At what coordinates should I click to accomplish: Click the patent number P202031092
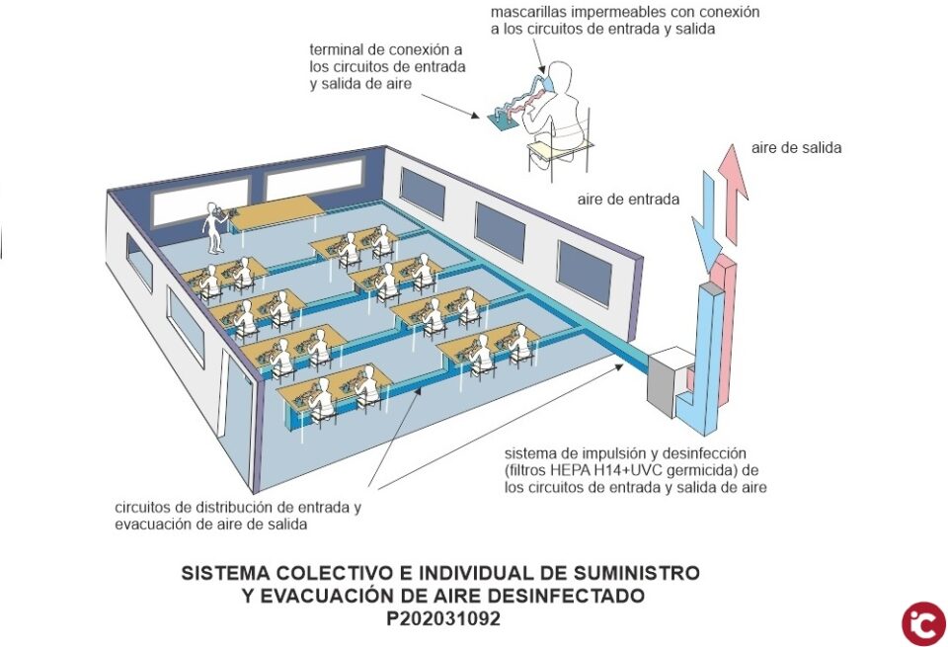(x=444, y=619)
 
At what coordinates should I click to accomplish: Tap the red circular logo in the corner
(x=922, y=623)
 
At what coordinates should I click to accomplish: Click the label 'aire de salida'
(x=796, y=147)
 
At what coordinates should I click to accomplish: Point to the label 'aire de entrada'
(x=628, y=199)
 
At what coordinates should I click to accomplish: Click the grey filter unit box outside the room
(x=669, y=378)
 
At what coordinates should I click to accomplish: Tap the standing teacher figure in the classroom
(x=214, y=227)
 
